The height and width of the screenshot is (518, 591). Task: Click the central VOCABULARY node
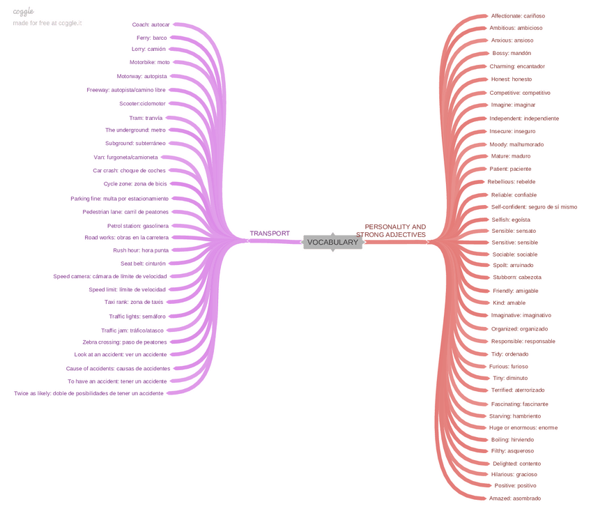(x=332, y=243)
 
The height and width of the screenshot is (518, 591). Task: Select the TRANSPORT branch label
(x=270, y=234)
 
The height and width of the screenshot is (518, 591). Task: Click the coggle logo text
(x=23, y=12)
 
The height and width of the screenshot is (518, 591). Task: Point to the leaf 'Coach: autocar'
(x=151, y=24)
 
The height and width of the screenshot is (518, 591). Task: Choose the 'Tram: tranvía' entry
(x=146, y=118)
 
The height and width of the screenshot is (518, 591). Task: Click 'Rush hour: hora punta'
(x=141, y=250)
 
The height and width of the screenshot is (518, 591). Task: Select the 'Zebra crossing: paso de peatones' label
(x=125, y=342)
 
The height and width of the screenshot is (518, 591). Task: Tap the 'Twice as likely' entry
(x=89, y=393)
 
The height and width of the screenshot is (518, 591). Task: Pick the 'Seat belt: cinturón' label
(x=143, y=264)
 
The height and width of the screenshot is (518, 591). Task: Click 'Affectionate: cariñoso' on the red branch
(x=518, y=15)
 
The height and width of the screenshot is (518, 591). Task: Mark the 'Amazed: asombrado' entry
(x=514, y=498)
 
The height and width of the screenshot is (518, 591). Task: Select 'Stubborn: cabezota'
(x=516, y=277)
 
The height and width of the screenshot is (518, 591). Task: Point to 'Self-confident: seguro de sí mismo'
(x=534, y=206)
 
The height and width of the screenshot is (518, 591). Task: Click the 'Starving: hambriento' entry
(x=514, y=416)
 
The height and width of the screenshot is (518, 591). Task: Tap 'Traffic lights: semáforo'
(x=137, y=317)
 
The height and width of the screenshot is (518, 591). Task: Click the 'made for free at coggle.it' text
(x=47, y=23)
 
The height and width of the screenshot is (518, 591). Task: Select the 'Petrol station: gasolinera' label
(x=137, y=226)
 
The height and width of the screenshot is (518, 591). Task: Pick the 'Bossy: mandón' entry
(x=512, y=53)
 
